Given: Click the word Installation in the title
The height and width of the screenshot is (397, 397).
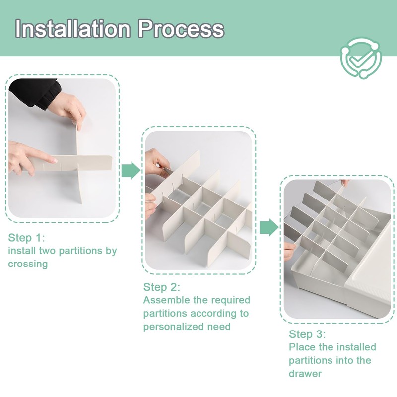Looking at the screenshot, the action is (x=73, y=29).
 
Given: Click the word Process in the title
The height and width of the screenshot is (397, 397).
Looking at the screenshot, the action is (x=181, y=29).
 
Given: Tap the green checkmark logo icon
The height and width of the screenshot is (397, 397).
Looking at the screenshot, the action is (x=361, y=58).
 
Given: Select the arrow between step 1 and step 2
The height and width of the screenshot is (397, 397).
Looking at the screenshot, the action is (x=131, y=170).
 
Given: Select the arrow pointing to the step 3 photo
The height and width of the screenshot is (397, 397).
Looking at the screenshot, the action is (x=269, y=227).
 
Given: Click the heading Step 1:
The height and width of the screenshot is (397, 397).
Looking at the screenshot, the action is (x=26, y=238).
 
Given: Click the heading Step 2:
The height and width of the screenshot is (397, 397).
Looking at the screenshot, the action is (x=162, y=287).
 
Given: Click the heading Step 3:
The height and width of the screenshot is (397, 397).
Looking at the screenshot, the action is (x=307, y=334).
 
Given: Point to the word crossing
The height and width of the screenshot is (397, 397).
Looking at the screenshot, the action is (x=28, y=264).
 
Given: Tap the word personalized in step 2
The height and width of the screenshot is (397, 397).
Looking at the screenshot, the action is (x=174, y=327).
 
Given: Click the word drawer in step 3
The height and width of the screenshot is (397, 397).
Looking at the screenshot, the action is (x=305, y=374).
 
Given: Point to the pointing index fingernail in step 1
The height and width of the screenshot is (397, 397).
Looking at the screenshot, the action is (x=55, y=160).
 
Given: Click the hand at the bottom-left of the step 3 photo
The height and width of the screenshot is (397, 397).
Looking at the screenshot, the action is (x=289, y=251).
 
